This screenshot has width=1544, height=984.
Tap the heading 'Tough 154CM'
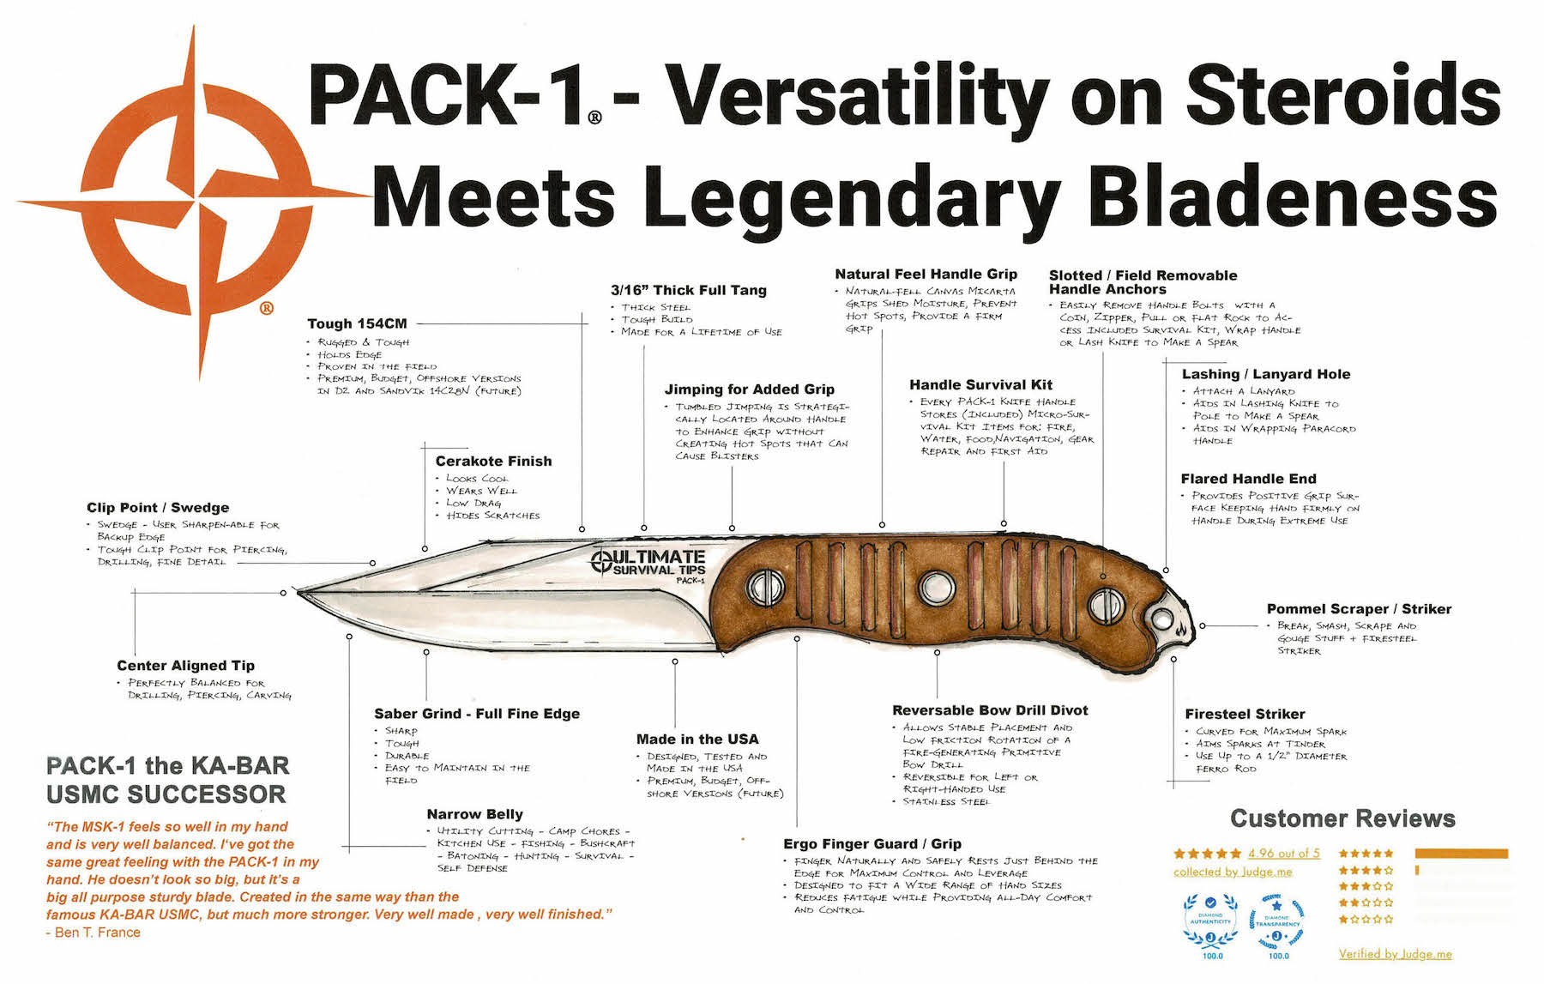click(357, 323)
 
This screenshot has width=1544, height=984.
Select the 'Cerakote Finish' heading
click(493, 461)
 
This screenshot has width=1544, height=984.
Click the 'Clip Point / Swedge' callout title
click(158, 507)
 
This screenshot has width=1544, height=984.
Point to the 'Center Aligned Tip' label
click(185, 665)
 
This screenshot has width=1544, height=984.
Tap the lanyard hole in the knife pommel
click(1161, 619)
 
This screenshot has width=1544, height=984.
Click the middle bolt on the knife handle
click(936, 588)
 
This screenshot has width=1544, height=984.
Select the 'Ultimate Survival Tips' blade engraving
click(649, 563)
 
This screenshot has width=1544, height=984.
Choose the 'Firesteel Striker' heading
click(1245, 714)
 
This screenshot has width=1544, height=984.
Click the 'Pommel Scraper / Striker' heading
click(1359, 608)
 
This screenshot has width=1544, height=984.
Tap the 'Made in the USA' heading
click(697, 739)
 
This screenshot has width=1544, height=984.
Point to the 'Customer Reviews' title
click(1342, 818)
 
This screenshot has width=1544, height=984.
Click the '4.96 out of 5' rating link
click(1283, 853)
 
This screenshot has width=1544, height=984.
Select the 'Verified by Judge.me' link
click(1395, 953)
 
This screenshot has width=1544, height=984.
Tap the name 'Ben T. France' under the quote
click(97, 932)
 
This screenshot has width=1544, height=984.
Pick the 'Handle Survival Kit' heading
click(980, 384)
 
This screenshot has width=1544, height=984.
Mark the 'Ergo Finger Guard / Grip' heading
click(872, 843)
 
